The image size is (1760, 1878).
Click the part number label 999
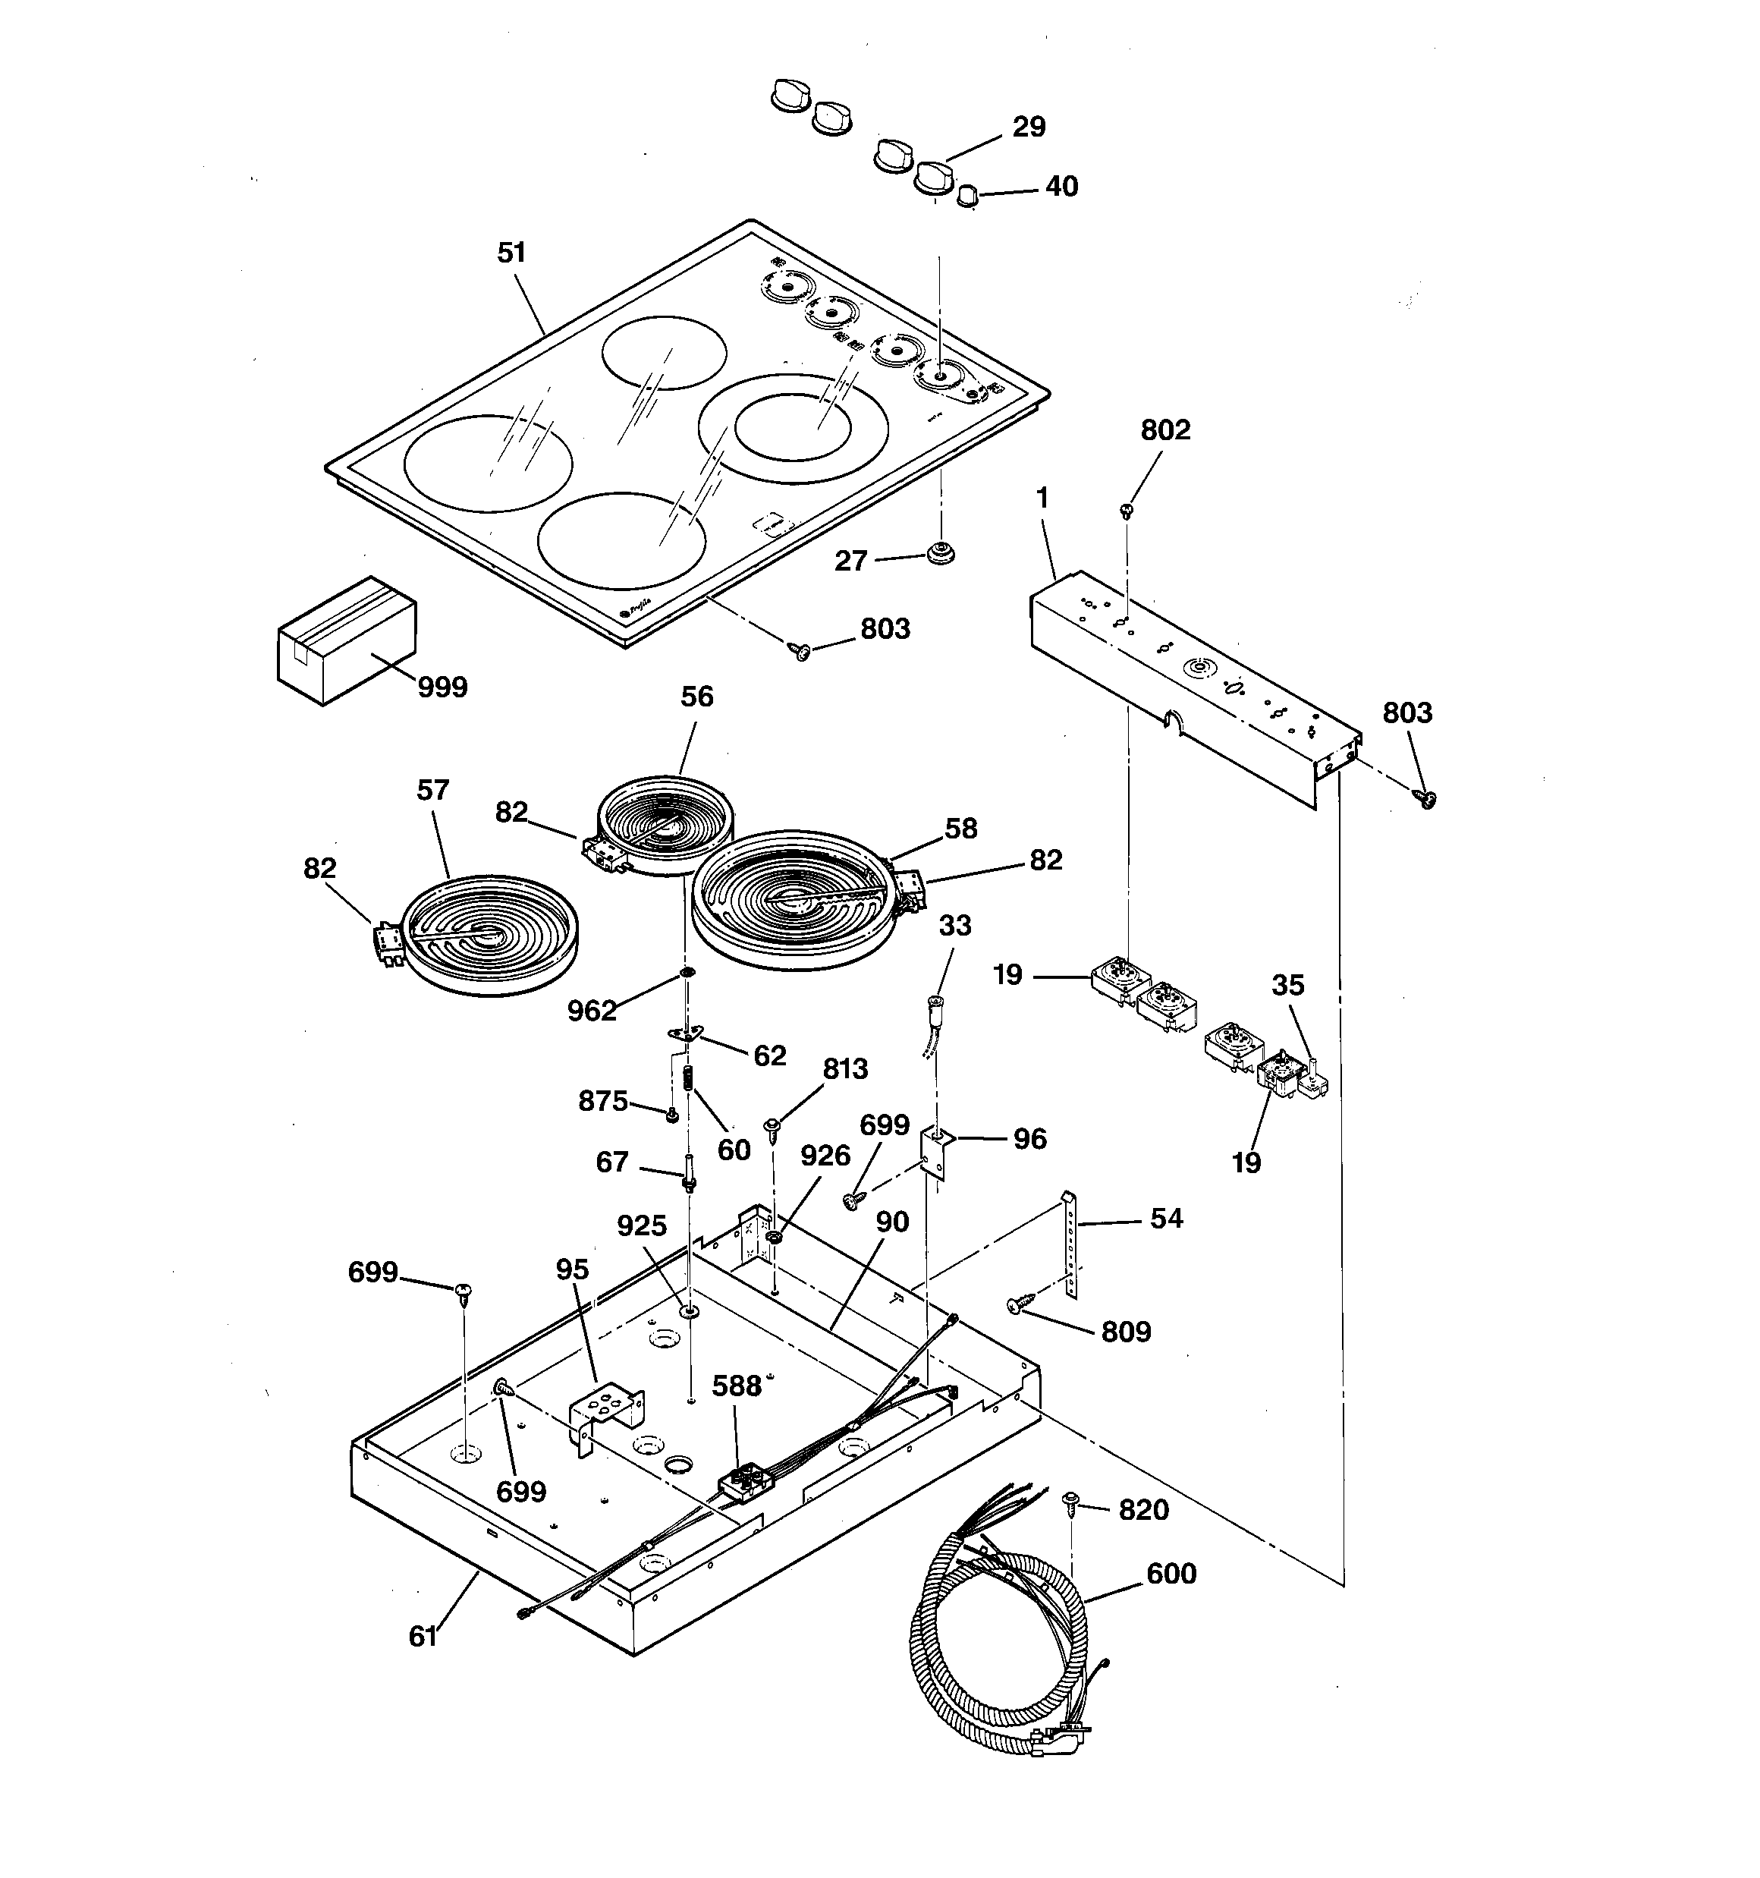[x=442, y=687]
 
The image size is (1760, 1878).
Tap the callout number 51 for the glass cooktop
[x=511, y=253]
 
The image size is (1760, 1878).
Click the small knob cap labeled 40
[x=966, y=197]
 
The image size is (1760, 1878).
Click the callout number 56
[x=697, y=697]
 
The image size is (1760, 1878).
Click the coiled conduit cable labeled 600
[x=1001, y=1663]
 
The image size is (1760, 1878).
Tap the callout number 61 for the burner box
[x=423, y=1636]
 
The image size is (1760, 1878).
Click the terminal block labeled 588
[x=743, y=1480]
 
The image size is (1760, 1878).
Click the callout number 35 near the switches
[x=1287, y=986]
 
